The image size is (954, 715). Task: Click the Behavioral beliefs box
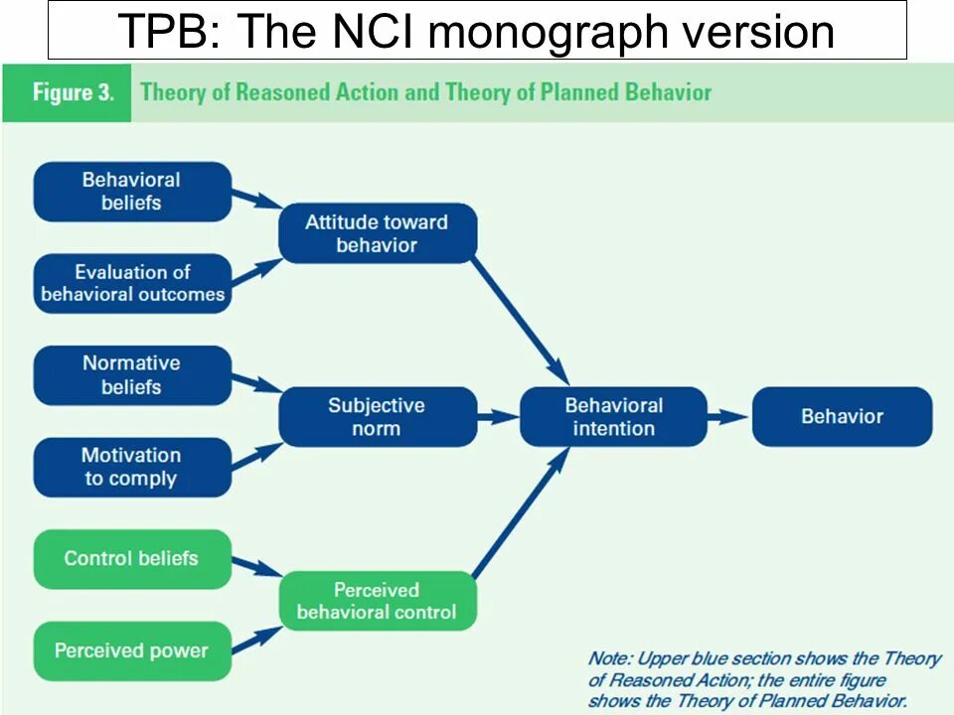coord(132,192)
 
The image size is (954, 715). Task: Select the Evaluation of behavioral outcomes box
coord(132,283)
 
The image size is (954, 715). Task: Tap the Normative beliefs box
coord(132,375)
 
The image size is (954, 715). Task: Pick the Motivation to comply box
coord(132,467)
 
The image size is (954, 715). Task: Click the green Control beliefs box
coord(132,559)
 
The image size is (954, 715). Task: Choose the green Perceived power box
coord(132,651)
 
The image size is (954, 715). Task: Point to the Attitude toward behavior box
coord(377,233)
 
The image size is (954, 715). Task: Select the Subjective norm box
coord(377,417)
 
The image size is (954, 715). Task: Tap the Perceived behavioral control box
coord(377,601)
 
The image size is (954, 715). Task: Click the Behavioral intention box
coord(613,417)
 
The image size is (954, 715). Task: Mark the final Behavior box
coord(842,417)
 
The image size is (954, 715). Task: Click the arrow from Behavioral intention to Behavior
coord(728,417)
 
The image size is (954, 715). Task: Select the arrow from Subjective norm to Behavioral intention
coord(498,417)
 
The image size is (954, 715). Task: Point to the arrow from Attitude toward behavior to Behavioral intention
coord(519,320)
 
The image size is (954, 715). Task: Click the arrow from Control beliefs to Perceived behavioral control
coord(255,568)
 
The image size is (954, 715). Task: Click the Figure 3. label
coord(73,93)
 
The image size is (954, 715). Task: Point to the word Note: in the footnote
coord(607,658)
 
